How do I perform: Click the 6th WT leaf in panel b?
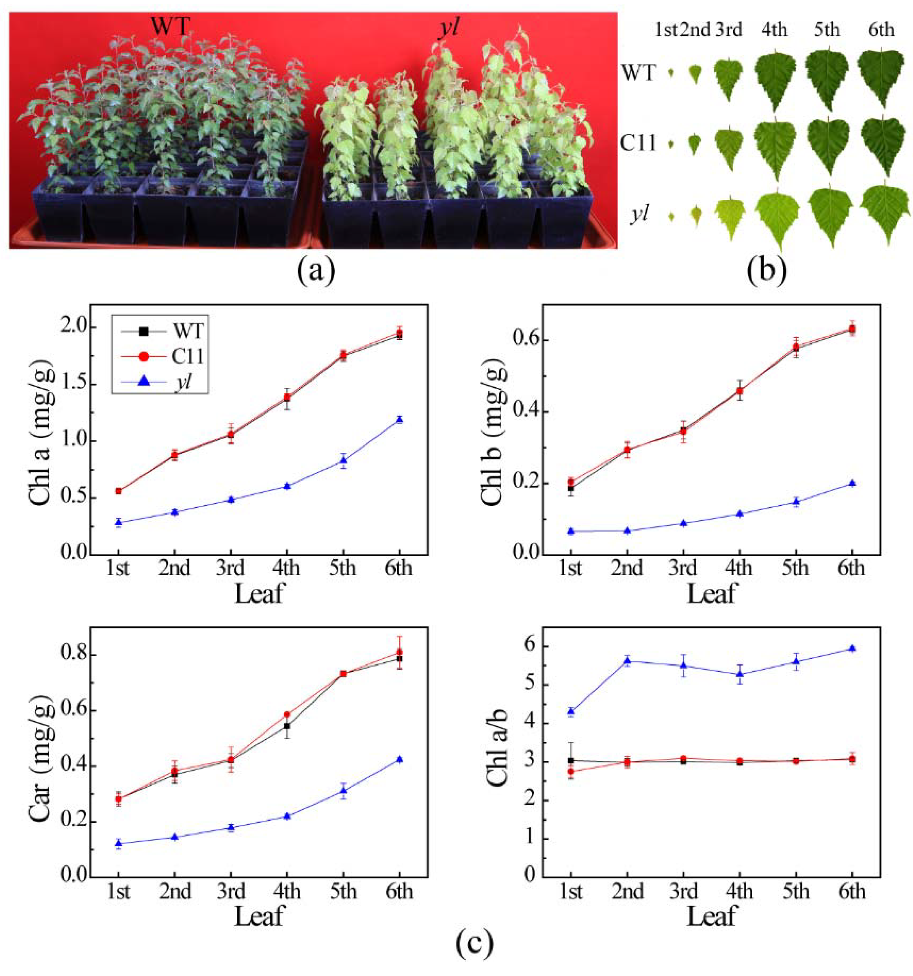point(881,77)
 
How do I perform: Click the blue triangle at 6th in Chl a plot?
point(400,419)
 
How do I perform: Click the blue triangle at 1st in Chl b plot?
point(570,531)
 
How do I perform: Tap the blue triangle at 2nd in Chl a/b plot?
point(627,660)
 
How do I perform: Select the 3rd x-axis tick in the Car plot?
point(231,889)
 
